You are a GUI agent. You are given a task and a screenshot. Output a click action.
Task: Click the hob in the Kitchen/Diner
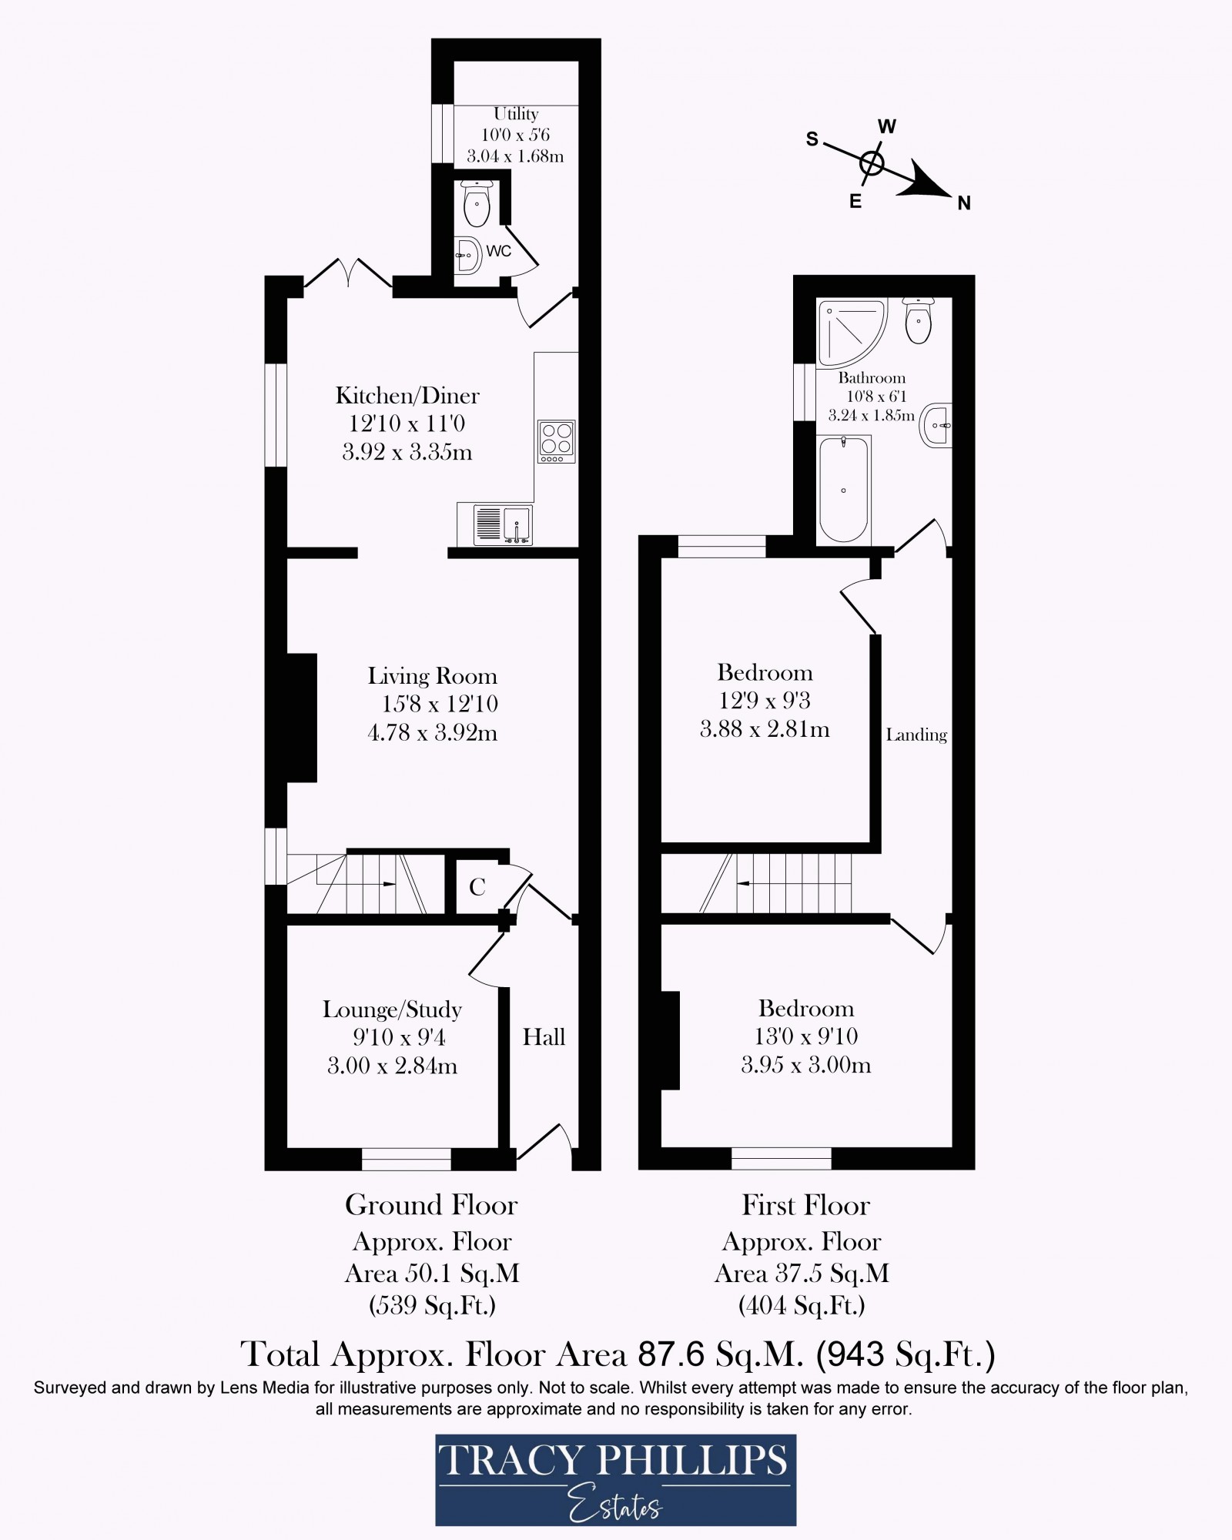click(x=557, y=441)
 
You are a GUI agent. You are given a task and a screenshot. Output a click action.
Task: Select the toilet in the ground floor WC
click(x=477, y=205)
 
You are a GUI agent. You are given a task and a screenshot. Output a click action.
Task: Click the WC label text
click(x=499, y=252)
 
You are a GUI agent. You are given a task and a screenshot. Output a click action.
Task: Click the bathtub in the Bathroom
click(x=845, y=489)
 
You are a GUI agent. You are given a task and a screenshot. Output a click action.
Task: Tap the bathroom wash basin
click(x=936, y=423)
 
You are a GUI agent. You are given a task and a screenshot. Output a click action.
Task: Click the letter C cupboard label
click(x=477, y=888)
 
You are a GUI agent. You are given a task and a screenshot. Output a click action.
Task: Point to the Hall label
click(x=544, y=1037)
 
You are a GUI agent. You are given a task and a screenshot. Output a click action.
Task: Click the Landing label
click(x=916, y=735)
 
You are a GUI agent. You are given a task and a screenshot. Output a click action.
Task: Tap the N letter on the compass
click(x=964, y=203)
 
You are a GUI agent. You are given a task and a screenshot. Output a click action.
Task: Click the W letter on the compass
click(x=887, y=127)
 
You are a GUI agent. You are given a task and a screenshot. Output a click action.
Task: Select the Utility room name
click(x=516, y=114)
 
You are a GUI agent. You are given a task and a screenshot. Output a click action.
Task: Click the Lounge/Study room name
click(x=392, y=1009)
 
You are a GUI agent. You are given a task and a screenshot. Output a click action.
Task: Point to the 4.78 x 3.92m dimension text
click(x=433, y=732)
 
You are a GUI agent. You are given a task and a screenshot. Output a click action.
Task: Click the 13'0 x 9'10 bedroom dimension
click(x=806, y=1036)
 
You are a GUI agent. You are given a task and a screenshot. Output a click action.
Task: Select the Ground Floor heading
click(x=431, y=1205)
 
